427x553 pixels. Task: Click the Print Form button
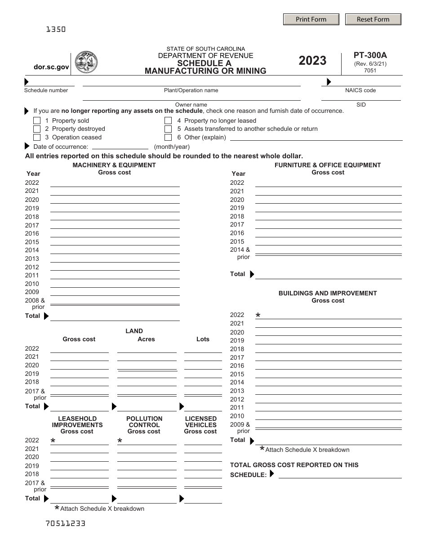pos(311,19)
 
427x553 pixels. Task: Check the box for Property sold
pos(37,120)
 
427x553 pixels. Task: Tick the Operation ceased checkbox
pos(37,138)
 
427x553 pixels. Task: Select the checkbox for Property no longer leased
pos(168,120)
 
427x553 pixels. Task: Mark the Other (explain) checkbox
pos(168,138)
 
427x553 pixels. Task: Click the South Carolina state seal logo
pos(86,62)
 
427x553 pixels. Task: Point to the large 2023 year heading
pos(312,61)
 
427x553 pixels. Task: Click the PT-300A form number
pos(370,56)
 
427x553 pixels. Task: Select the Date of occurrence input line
pos(120,147)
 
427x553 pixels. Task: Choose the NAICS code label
pos(360,90)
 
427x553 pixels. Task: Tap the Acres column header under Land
pos(146,339)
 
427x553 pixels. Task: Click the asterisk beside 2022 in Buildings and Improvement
pos(258,316)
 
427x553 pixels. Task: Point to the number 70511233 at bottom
pos(65,523)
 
